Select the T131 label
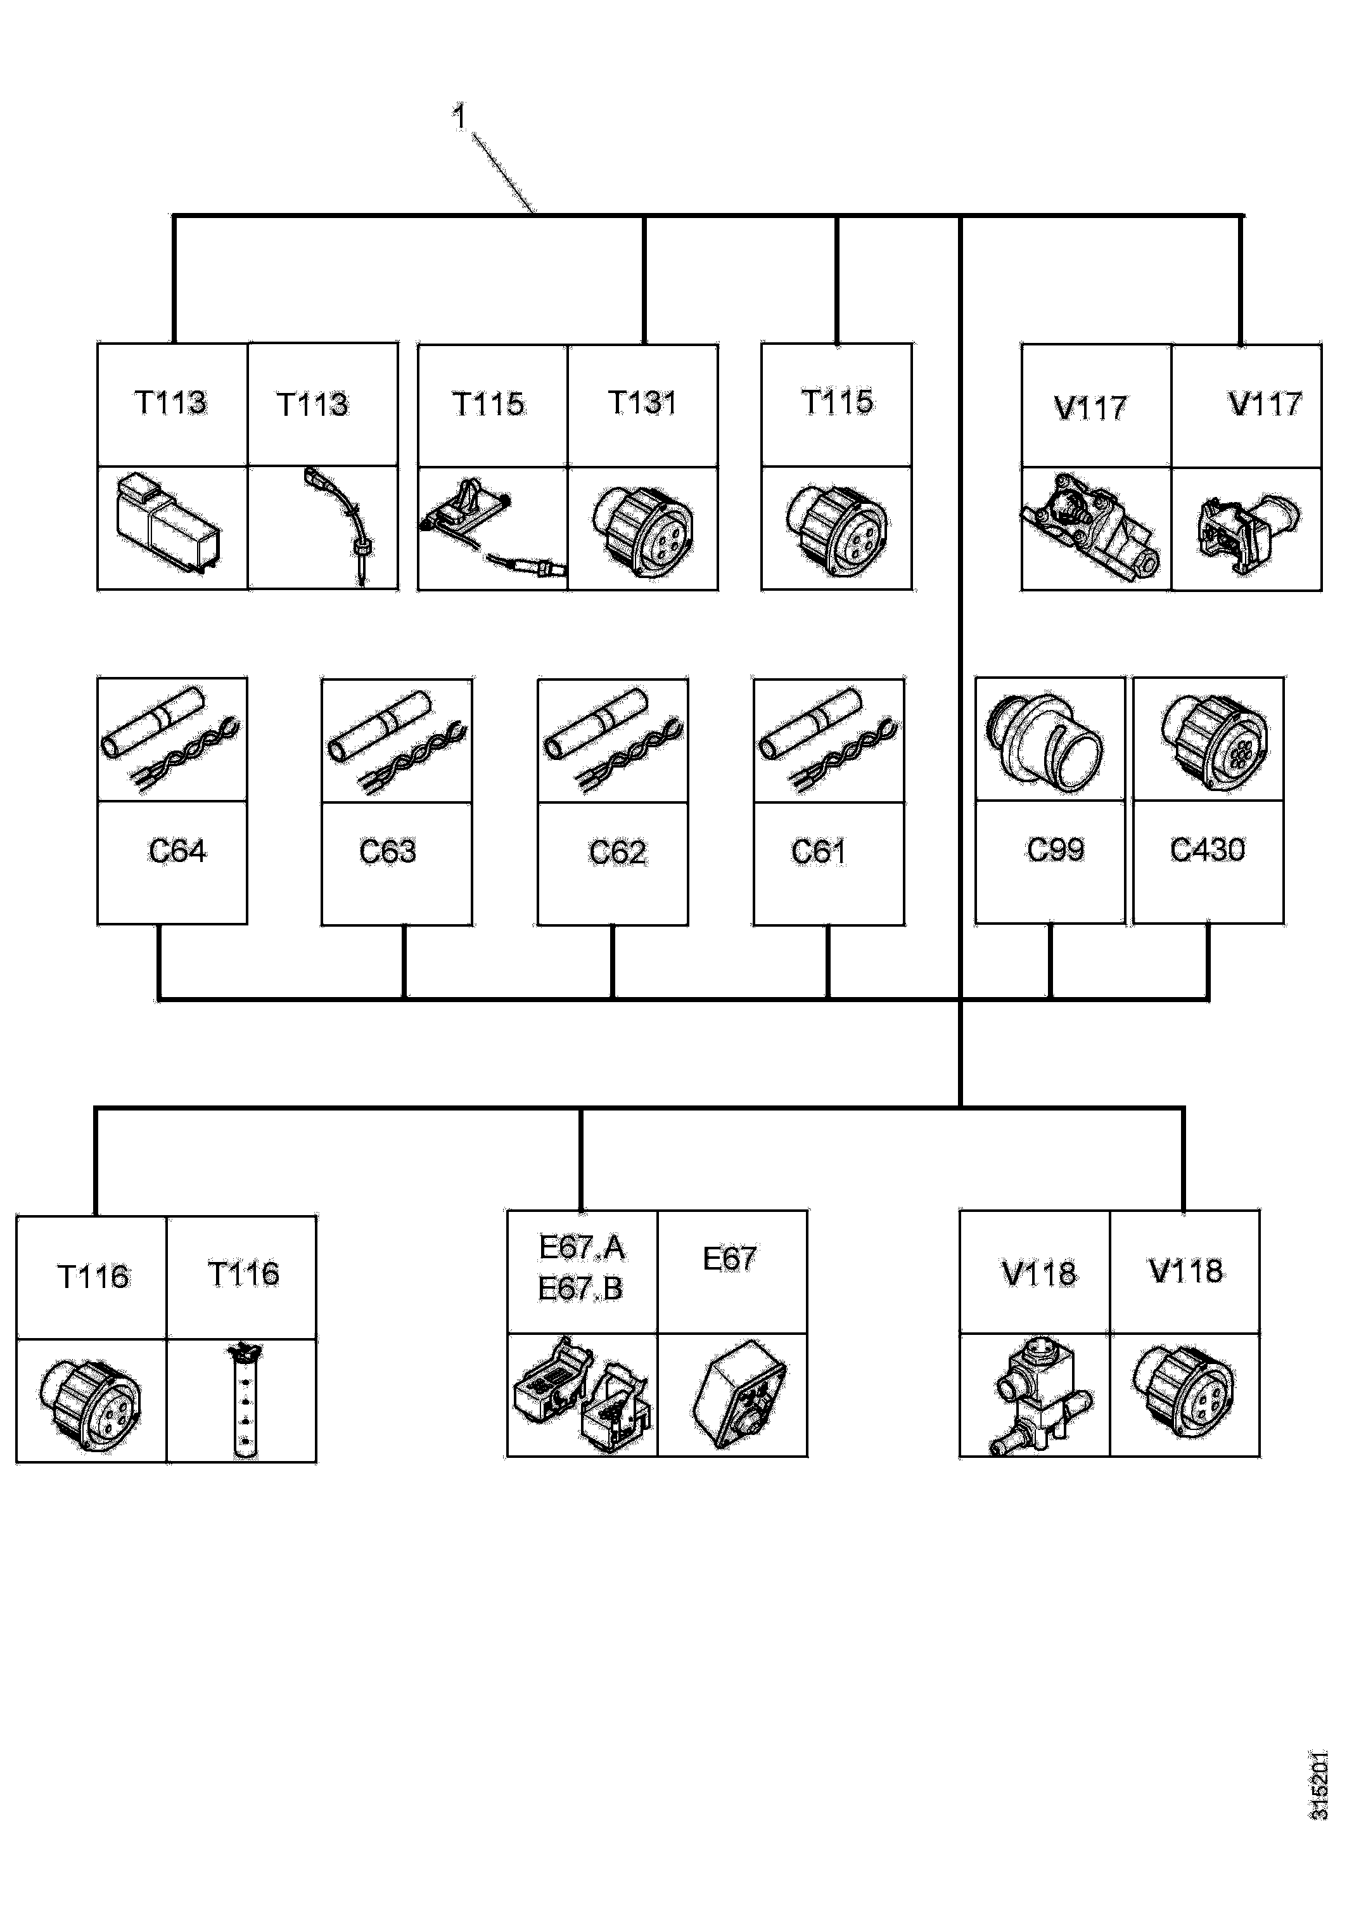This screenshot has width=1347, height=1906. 642,402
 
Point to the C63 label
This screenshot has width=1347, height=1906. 388,852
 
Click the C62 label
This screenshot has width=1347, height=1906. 618,853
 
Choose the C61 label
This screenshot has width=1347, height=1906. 819,852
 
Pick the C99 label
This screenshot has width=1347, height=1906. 1056,849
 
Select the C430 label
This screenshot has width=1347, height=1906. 1208,849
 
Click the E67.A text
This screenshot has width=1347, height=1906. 582,1247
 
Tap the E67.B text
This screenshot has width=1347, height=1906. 580,1289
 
